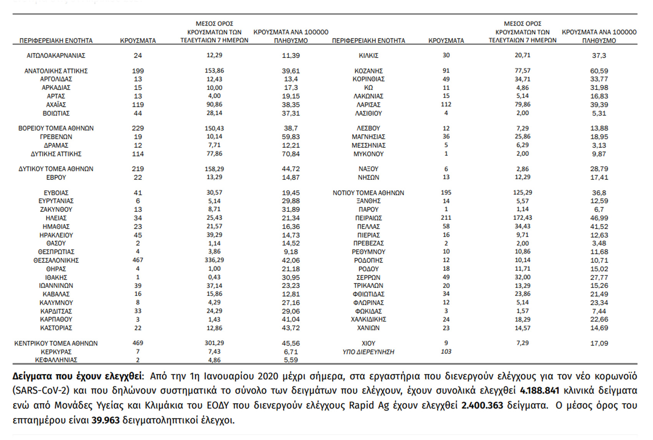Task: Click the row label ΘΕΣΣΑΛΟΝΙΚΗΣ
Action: point(56,261)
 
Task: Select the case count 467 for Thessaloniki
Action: point(138,261)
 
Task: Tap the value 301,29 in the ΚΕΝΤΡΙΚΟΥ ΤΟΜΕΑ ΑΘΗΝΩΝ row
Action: point(214,343)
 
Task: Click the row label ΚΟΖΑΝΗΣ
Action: point(368,71)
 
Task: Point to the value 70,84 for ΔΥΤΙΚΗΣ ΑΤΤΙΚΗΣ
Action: point(291,154)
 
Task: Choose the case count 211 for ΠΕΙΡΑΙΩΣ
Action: point(446,218)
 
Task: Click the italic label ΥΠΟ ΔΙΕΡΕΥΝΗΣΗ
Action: point(368,352)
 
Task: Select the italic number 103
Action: point(446,352)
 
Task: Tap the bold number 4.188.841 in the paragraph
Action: point(539,391)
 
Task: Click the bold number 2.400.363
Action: point(482,405)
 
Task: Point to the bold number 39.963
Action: point(106,420)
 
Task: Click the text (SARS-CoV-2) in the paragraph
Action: point(41,391)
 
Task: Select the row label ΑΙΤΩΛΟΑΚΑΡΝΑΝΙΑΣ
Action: point(56,56)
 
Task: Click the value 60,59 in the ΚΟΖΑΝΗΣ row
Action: point(599,71)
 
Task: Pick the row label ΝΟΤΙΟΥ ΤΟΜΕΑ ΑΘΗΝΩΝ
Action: point(368,193)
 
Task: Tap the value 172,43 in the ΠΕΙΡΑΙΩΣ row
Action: point(522,218)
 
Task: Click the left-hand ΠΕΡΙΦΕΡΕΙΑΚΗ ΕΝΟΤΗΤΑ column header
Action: point(56,41)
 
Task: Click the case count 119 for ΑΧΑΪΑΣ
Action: point(138,105)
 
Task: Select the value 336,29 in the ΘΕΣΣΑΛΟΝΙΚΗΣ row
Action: point(214,261)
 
